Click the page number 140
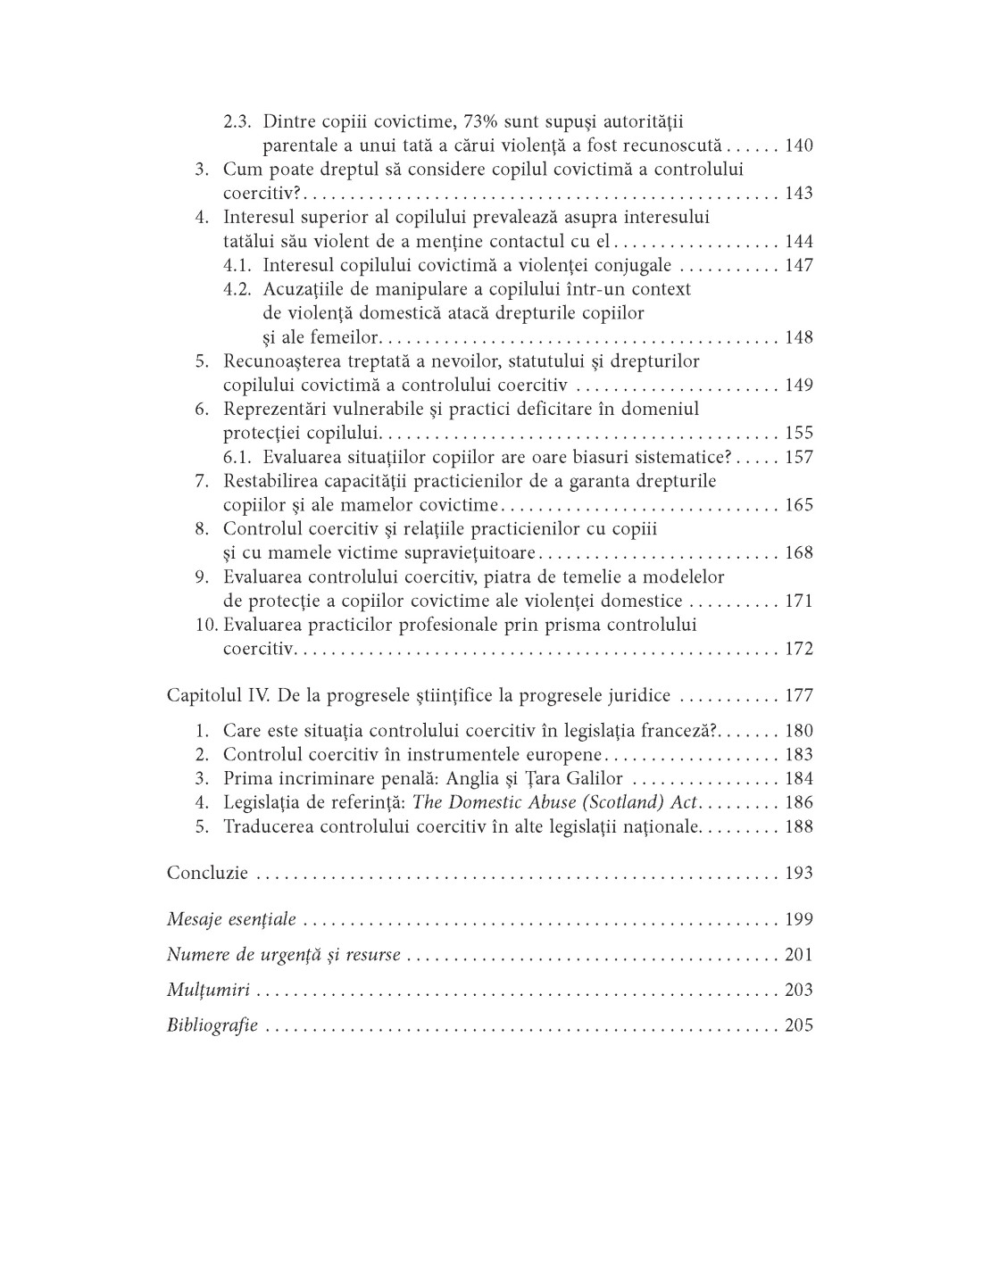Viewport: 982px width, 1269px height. [x=798, y=145]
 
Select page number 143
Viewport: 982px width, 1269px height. [x=798, y=194]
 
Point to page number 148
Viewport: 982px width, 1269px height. [x=798, y=337]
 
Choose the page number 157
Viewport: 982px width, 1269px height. [x=798, y=457]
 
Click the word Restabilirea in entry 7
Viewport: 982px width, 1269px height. [x=271, y=481]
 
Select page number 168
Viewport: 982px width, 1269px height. [x=798, y=552]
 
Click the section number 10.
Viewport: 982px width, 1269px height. [x=206, y=625]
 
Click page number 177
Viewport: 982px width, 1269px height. [x=798, y=696]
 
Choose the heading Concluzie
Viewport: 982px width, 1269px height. [x=207, y=873]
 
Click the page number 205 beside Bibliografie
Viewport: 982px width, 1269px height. [x=798, y=1025]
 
